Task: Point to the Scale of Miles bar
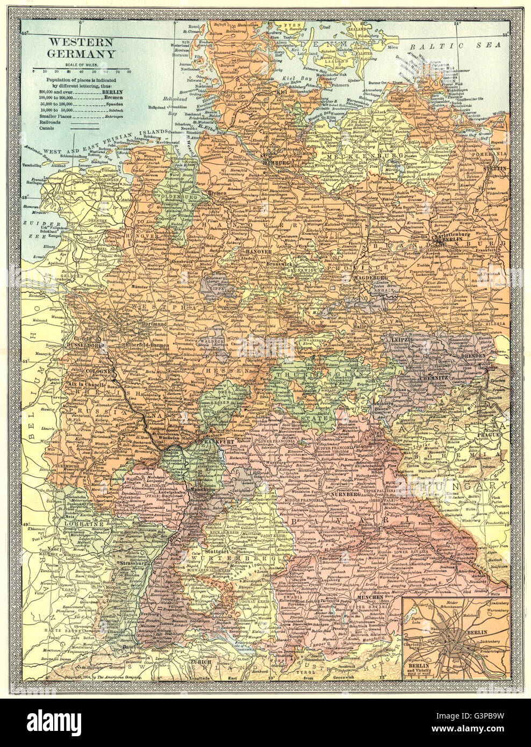tap(81, 70)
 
